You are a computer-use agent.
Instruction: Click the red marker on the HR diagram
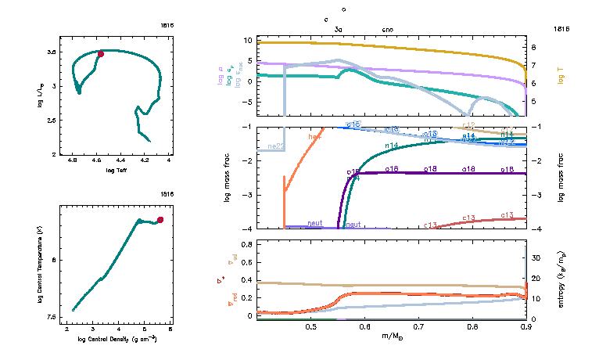(101, 54)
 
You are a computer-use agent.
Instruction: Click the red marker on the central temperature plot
(160, 220)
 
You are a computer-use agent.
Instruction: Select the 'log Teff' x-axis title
(117, 170)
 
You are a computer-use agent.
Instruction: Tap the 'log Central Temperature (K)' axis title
(39, 265)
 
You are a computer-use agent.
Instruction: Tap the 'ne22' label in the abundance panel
(276, 146)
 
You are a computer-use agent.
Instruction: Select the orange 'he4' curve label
(315, 137)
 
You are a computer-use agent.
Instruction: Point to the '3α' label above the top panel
(339, 29)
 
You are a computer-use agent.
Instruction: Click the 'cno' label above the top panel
(388, 29)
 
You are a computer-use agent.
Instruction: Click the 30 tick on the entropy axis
(536, 257)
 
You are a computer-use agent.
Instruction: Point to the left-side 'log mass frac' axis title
(228, 178)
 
